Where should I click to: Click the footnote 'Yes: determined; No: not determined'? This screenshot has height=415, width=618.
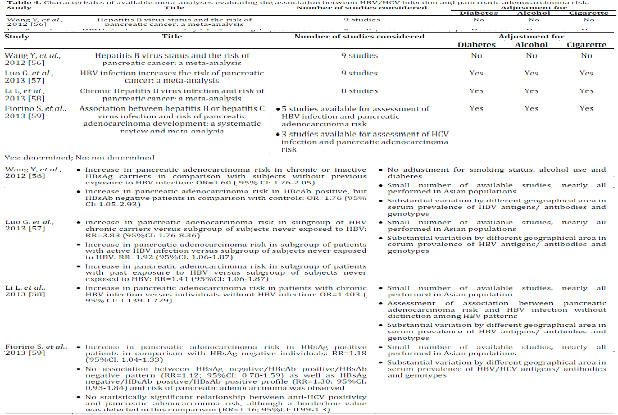pos(79,158)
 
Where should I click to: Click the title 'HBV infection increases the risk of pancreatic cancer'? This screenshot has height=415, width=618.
pos(172,77)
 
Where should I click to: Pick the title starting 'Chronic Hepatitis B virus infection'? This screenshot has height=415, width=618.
pos(172,95)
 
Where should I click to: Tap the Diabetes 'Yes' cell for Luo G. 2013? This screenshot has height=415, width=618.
pos(476,73)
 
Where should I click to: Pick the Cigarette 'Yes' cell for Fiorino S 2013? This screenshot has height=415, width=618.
pos(587,108)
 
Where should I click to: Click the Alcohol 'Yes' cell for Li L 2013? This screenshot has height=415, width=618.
pos(531,91)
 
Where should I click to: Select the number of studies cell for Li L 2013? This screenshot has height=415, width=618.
pos(360,91)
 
